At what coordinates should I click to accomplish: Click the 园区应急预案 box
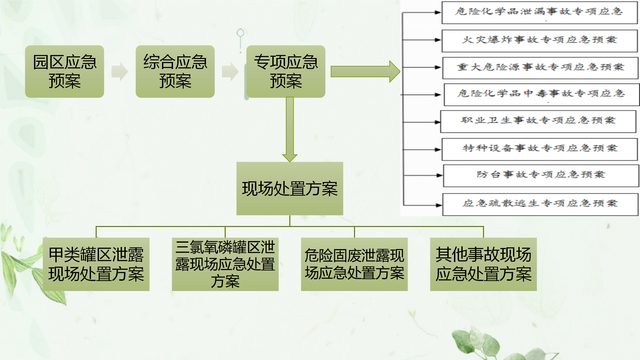pos(64,71)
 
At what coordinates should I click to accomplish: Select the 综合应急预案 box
pos(175,71)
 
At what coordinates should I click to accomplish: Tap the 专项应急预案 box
pos(286,71)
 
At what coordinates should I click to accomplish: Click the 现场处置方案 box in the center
pos(290,188)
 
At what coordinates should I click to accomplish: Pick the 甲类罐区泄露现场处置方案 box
pos(96,264)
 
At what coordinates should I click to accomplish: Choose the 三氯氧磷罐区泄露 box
pos(225,264)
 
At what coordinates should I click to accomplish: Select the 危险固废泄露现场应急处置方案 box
pos(354,264)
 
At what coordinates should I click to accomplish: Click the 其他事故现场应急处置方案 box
pos(483,264)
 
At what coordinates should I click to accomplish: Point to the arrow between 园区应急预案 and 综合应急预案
pos(120,71)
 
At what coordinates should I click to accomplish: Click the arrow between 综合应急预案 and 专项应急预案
pos(230,71)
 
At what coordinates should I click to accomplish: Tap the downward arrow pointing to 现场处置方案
pos(290,129)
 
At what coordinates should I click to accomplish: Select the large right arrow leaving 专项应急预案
pos(365,71)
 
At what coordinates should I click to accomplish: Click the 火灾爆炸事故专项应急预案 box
pos(540,41)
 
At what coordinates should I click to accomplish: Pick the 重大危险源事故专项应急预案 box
pos(540,68)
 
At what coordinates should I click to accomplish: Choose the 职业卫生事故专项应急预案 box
pos(538,121)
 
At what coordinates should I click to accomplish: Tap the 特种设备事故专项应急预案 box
pos(540,149)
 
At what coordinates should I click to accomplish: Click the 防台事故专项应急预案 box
pos(541,175)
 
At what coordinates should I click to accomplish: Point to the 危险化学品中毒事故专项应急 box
pos(542,94)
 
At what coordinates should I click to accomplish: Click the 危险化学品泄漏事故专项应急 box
pos(540,12)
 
